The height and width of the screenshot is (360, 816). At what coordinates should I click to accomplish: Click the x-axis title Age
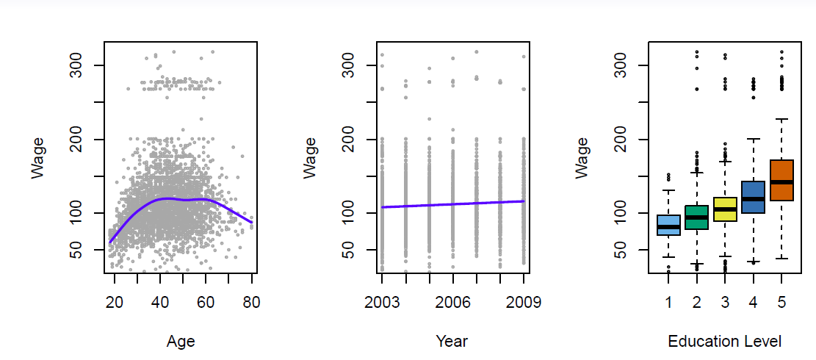pos(181,342)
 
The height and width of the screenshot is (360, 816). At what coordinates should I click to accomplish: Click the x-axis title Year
pos(452,342)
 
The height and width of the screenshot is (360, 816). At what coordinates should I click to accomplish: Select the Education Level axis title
pos(724,342)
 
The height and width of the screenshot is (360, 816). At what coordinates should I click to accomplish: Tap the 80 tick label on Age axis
pos(251,301)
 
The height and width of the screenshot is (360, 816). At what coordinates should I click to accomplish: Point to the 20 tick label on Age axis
pos(114,301)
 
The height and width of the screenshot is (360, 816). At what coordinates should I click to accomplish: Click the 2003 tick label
pos(382,301)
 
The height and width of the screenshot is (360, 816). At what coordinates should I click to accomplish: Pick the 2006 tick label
pos(452,301)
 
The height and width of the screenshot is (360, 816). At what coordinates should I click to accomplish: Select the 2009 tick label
pos(523,301)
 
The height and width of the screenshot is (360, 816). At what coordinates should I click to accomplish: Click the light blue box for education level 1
pos(668,225)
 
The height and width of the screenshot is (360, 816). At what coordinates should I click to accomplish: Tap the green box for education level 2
pos(696,217)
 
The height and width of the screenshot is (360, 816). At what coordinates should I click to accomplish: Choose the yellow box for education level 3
pos(725,209)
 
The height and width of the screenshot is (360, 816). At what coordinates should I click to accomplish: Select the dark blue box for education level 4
pos(753,197)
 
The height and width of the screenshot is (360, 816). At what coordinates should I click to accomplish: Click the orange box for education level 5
pos(781,180)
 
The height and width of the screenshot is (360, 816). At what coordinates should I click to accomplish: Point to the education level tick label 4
pos(753,301)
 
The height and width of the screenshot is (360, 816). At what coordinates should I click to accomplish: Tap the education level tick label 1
pos(668,301)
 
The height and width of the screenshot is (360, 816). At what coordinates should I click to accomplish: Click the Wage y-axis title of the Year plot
pos(311,157)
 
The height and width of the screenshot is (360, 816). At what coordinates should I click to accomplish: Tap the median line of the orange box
pos(781,181)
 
